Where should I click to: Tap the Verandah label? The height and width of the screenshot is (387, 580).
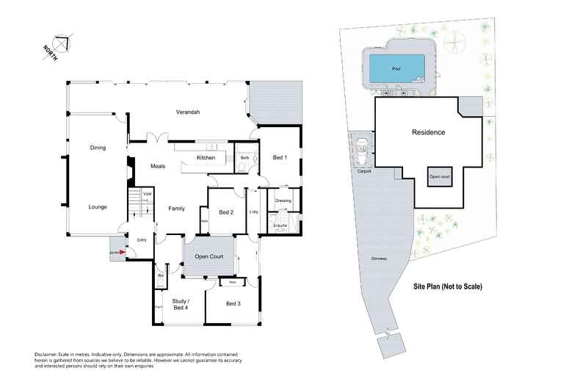(188, 112)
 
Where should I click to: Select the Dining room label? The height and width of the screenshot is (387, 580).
(98, 148)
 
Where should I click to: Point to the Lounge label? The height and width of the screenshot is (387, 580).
(98, 207)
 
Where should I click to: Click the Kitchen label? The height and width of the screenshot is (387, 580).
(206, 158)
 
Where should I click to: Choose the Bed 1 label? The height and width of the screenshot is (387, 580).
(280, 158)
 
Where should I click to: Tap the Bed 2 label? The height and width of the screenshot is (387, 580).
(226, 212)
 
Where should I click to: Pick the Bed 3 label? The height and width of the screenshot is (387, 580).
(233, 303)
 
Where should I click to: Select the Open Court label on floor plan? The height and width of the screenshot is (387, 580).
(209, 257)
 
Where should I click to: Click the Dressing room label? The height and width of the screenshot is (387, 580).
(283, 200)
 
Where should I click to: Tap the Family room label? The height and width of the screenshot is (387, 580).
(176, 209)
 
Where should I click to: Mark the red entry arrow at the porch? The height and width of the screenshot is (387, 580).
(123, 253)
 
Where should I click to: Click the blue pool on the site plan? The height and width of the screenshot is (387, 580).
(396, 69)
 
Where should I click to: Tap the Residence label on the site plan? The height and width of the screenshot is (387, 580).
(427, 133)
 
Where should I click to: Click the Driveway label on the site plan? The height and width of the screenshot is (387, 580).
(379, 258)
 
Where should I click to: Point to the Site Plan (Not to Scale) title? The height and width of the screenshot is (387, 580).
(447, 286)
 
